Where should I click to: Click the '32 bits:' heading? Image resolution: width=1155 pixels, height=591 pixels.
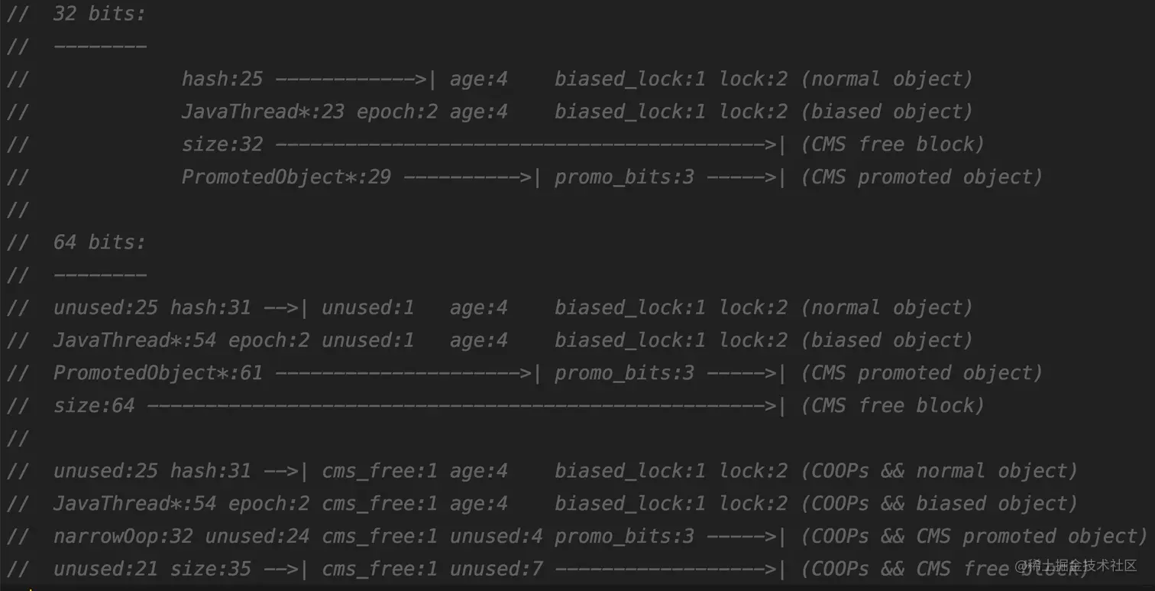(99, 14)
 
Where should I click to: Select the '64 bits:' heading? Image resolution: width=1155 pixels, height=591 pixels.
(99, 242)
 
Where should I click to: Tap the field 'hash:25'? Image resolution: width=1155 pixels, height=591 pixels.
(222, 79)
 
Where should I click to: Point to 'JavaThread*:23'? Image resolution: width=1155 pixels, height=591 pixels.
(263, 112)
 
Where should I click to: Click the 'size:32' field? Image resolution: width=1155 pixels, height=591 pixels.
(222, 145)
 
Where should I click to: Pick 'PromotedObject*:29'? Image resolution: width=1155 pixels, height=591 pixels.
(286, 177)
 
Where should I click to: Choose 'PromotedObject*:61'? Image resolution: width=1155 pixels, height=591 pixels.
(158, 373)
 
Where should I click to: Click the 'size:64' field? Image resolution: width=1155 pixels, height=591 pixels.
(94, 406)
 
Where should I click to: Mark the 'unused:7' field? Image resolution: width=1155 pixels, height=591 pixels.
(497, 570)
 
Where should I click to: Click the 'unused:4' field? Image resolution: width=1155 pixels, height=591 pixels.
(497, 537)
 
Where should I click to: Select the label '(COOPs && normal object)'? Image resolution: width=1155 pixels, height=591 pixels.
(939, 471)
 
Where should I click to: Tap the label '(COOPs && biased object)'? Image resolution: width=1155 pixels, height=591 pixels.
(939, 504)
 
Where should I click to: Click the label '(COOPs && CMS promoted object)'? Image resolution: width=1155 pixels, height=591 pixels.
(974, 537)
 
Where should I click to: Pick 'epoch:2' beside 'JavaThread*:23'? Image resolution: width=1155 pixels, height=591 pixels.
(397, 112)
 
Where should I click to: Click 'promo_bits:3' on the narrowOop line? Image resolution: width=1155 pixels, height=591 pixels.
(624, 537)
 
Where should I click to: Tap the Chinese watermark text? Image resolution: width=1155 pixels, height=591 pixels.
(1076, 566)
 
